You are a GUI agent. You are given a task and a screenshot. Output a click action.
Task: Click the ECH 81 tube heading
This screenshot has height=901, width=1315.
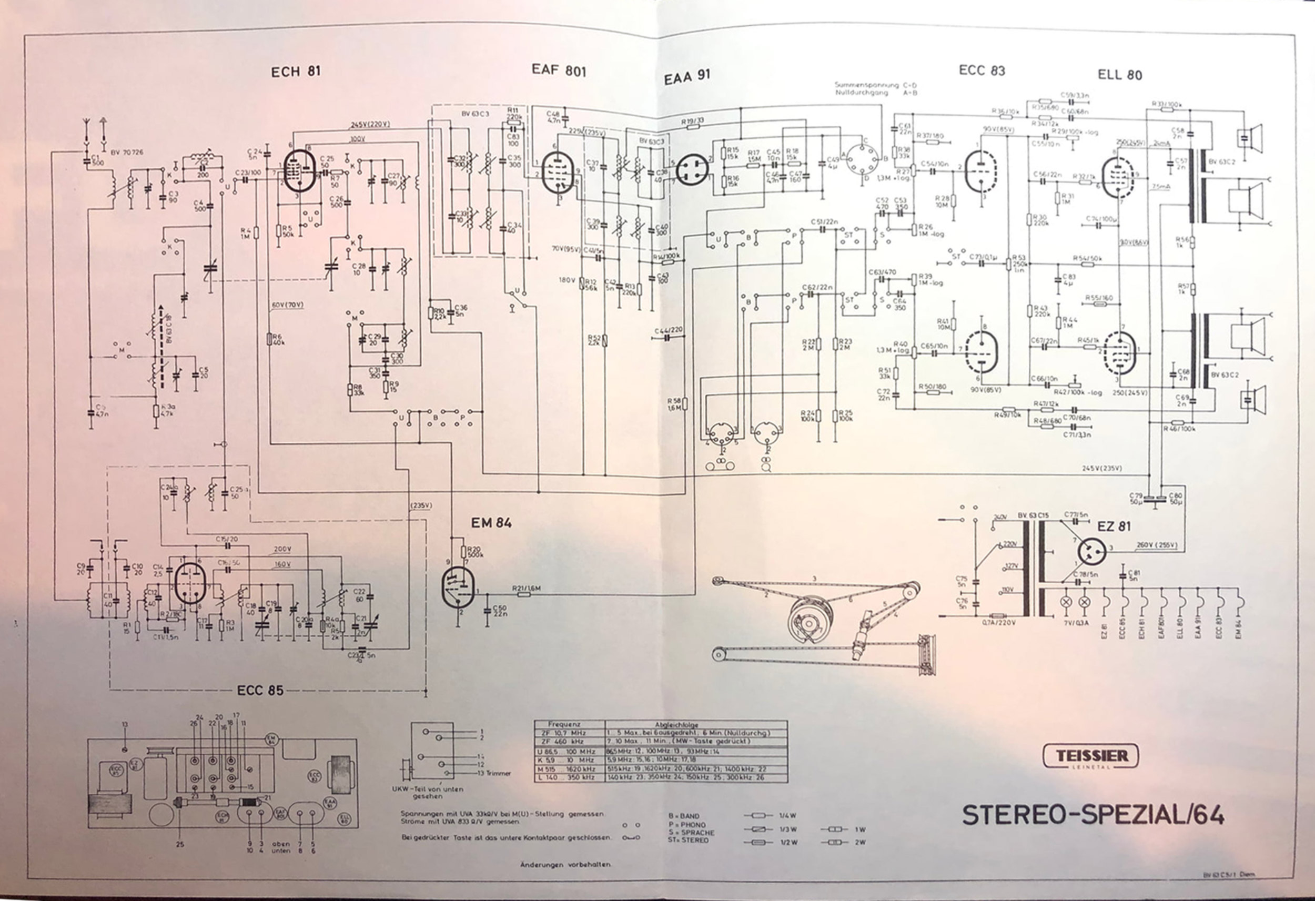click(296, 72)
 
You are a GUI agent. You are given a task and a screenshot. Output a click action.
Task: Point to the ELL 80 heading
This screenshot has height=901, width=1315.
click(1120, 75)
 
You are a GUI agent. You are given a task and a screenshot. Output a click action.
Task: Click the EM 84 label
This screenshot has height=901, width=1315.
click(491, 523)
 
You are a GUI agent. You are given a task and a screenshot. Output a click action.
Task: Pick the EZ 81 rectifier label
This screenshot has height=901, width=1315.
click(1114, 527)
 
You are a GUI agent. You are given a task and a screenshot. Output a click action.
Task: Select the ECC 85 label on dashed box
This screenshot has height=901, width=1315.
click(260, 691)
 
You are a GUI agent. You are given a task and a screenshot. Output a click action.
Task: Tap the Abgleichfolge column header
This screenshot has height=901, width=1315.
click(695, 724)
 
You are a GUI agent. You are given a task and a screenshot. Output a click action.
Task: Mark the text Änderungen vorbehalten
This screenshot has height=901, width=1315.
click(565, 865)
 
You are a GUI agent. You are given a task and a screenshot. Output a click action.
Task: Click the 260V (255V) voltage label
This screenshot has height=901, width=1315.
click(1157, 545)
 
